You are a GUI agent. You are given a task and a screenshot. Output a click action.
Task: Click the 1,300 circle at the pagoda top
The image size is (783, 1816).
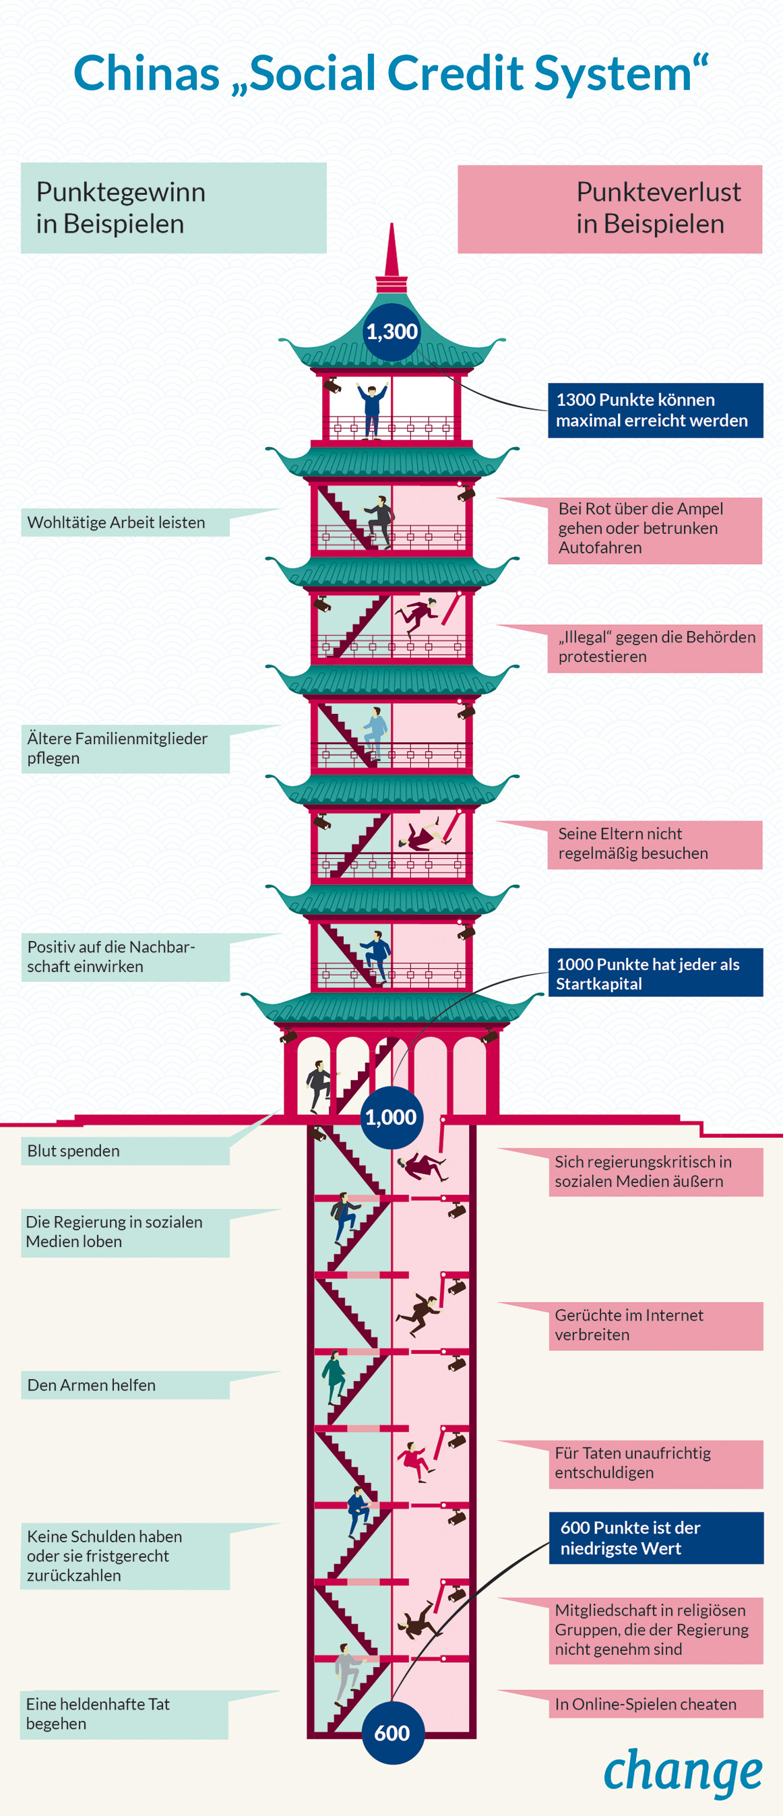pos(392,332)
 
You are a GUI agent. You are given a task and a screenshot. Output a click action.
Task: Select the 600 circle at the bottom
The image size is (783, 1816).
pos(393,1732)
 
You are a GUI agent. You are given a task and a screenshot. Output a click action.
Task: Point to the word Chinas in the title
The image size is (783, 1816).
pos(147,73)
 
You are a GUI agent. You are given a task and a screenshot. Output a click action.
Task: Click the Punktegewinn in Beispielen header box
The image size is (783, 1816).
pos(173,208)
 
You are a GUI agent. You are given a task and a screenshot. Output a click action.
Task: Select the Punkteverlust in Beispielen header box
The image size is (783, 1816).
pos(610,209)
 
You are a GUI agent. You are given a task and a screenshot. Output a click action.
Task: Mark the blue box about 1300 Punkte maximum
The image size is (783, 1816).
pos(655,411)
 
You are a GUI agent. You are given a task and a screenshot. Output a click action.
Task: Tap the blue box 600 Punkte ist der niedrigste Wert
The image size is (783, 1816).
pos(656,1538)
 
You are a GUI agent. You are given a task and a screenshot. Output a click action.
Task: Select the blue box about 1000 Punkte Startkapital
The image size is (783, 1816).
pos(655,973)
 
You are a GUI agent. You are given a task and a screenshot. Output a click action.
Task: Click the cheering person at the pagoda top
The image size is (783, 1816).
pos(371,409)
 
